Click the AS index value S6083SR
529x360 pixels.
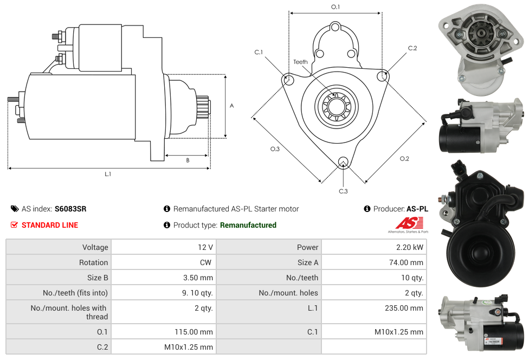(x=70, y=209)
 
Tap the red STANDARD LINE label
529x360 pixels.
(x=50, y=225)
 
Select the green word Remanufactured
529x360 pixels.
(x=248, y=225)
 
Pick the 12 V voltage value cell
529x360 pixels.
(x=205, y=247)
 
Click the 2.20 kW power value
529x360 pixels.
(x=410, y=247)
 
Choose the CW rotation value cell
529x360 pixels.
(x=207, y=262)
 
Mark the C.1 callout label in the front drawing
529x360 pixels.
(x=259, y=52)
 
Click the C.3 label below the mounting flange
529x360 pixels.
(x=343, y=191)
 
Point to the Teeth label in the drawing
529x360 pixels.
(x=300, y=62)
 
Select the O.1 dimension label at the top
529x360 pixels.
(x=336, y=7)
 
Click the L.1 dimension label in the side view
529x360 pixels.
(x=108, y=174)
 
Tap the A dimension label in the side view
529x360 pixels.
(x=231, y=106)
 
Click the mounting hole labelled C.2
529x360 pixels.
(x=383, y=76)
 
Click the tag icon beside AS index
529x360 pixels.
(x=15, y=209)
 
